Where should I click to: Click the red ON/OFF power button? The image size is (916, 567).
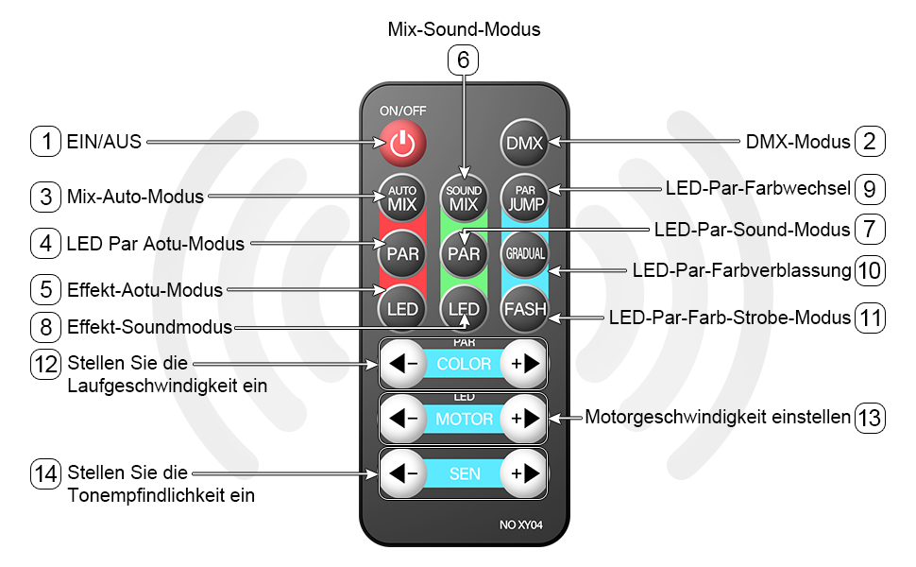[x=402, y=144]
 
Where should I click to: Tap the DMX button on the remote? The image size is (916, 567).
[x=524, y=144]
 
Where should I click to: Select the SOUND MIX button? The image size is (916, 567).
[x=463, y=198]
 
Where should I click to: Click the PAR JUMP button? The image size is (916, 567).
[x=524, y=198]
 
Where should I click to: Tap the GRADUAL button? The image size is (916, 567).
[x=524, y=253]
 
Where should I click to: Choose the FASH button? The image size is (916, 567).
[x=524, y=309]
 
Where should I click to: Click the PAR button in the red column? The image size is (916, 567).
[x=402, y=253]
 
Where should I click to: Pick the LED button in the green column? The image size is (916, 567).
[x=463, y=309]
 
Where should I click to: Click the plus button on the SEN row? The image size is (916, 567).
[x=522, y=472]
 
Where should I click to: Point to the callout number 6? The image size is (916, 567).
[x=463, y=60]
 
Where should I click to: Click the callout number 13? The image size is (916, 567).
[x=870, y=417]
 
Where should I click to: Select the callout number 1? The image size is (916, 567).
[x=45, y=142]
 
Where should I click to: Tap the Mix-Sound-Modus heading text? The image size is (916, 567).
[x=464, y=29]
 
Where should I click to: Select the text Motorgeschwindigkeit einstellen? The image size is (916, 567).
[x=717, y=417]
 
